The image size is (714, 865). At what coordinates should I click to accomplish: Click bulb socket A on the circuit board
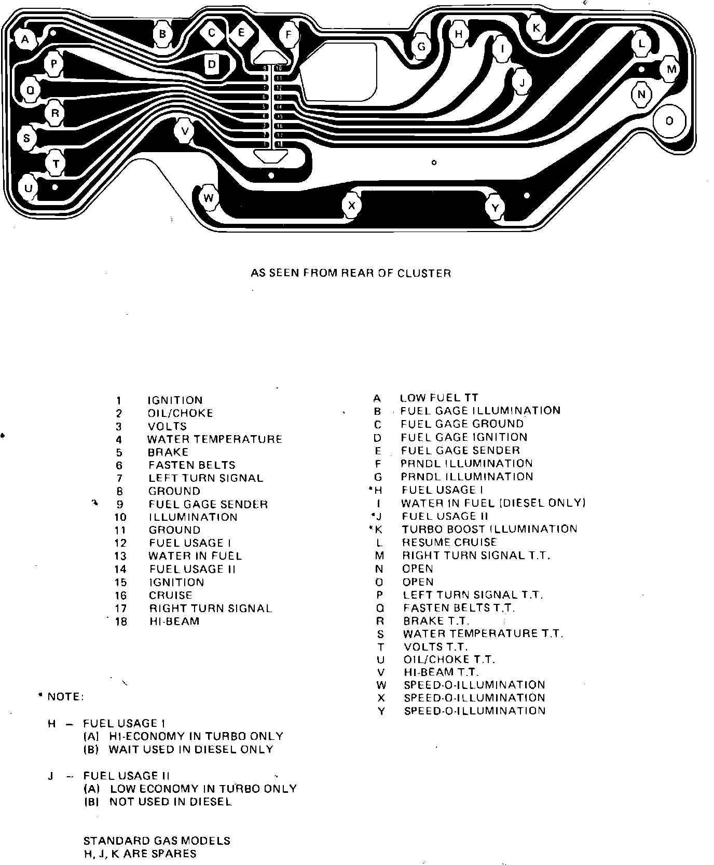pos(25,38)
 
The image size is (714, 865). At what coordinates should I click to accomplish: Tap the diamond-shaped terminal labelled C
pos(212,33)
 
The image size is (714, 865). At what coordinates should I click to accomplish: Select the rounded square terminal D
pos(212,65)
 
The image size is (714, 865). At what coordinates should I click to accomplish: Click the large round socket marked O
pos(669,121)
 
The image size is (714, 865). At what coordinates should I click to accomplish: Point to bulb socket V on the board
pos(185,130)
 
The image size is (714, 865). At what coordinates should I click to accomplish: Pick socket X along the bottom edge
pos(352,206)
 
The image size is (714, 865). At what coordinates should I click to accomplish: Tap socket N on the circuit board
pos(642,94)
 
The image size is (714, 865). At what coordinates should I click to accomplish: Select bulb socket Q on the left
pos(30,90)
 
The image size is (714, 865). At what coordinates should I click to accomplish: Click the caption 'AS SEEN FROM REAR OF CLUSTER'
pos(351,273)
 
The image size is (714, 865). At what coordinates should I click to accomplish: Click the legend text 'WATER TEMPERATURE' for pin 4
pos(214,439)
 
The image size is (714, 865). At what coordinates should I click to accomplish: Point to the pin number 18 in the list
pos(121,621)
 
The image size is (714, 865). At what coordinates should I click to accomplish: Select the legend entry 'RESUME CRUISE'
pos(449,542)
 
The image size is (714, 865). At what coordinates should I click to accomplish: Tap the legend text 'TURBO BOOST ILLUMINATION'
pos(489,529)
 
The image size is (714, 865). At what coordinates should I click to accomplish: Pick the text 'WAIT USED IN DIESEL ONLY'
pos(190,749)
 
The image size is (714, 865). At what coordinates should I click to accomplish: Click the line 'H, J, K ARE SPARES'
pos(140,854)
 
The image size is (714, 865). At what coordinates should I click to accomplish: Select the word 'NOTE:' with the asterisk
pos(62,697)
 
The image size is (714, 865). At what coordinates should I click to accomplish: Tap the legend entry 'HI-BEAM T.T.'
pos(441,672)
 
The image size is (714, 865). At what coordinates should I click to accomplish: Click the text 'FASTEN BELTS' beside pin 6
pos(191,465)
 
